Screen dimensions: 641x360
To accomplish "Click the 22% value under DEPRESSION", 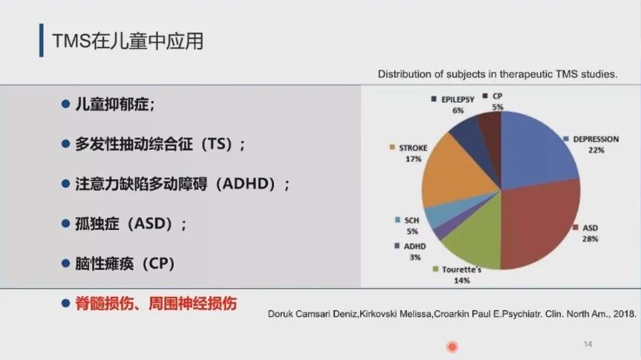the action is click(596, 151).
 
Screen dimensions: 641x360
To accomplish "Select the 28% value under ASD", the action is click(590, 239).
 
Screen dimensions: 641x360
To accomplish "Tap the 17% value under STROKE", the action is click(413, 160).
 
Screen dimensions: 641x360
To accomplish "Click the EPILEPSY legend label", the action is click(458, 99).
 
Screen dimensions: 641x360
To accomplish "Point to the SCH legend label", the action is click(411, 220).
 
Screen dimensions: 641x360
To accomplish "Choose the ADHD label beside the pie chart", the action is click(414, 246).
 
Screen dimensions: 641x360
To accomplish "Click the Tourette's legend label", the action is click(461, 269).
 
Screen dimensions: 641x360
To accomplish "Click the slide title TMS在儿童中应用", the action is click(128, 41).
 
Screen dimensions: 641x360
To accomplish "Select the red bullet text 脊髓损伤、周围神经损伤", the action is click(156, 304).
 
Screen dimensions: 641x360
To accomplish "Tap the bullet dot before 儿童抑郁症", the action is click(65, 104).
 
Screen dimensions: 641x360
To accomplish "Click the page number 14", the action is click(588, 344).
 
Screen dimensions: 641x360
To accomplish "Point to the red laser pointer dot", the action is click(452, 347).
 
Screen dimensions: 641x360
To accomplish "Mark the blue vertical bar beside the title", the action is click(42, 40).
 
